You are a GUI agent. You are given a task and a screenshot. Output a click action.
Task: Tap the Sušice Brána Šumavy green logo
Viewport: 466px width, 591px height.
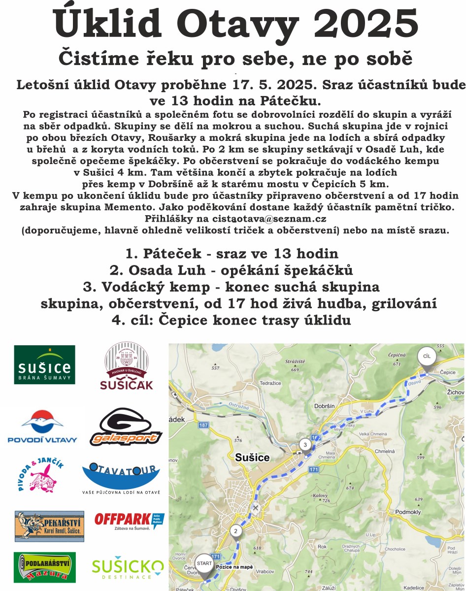coord(44,365)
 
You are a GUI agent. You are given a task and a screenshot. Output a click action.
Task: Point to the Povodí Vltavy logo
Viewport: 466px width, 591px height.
coord(42,427)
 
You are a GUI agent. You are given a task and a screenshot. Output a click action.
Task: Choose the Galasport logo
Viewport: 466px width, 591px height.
coord(126,427)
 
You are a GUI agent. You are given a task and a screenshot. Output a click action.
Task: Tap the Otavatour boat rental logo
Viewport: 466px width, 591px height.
coord(121,478)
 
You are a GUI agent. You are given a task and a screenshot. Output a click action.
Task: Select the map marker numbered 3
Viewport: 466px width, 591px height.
coord(305,445)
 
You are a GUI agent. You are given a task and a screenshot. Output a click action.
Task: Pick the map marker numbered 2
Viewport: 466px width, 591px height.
coord(236,531)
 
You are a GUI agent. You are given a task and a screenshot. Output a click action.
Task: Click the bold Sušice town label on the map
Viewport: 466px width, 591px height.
coord(253,458)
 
